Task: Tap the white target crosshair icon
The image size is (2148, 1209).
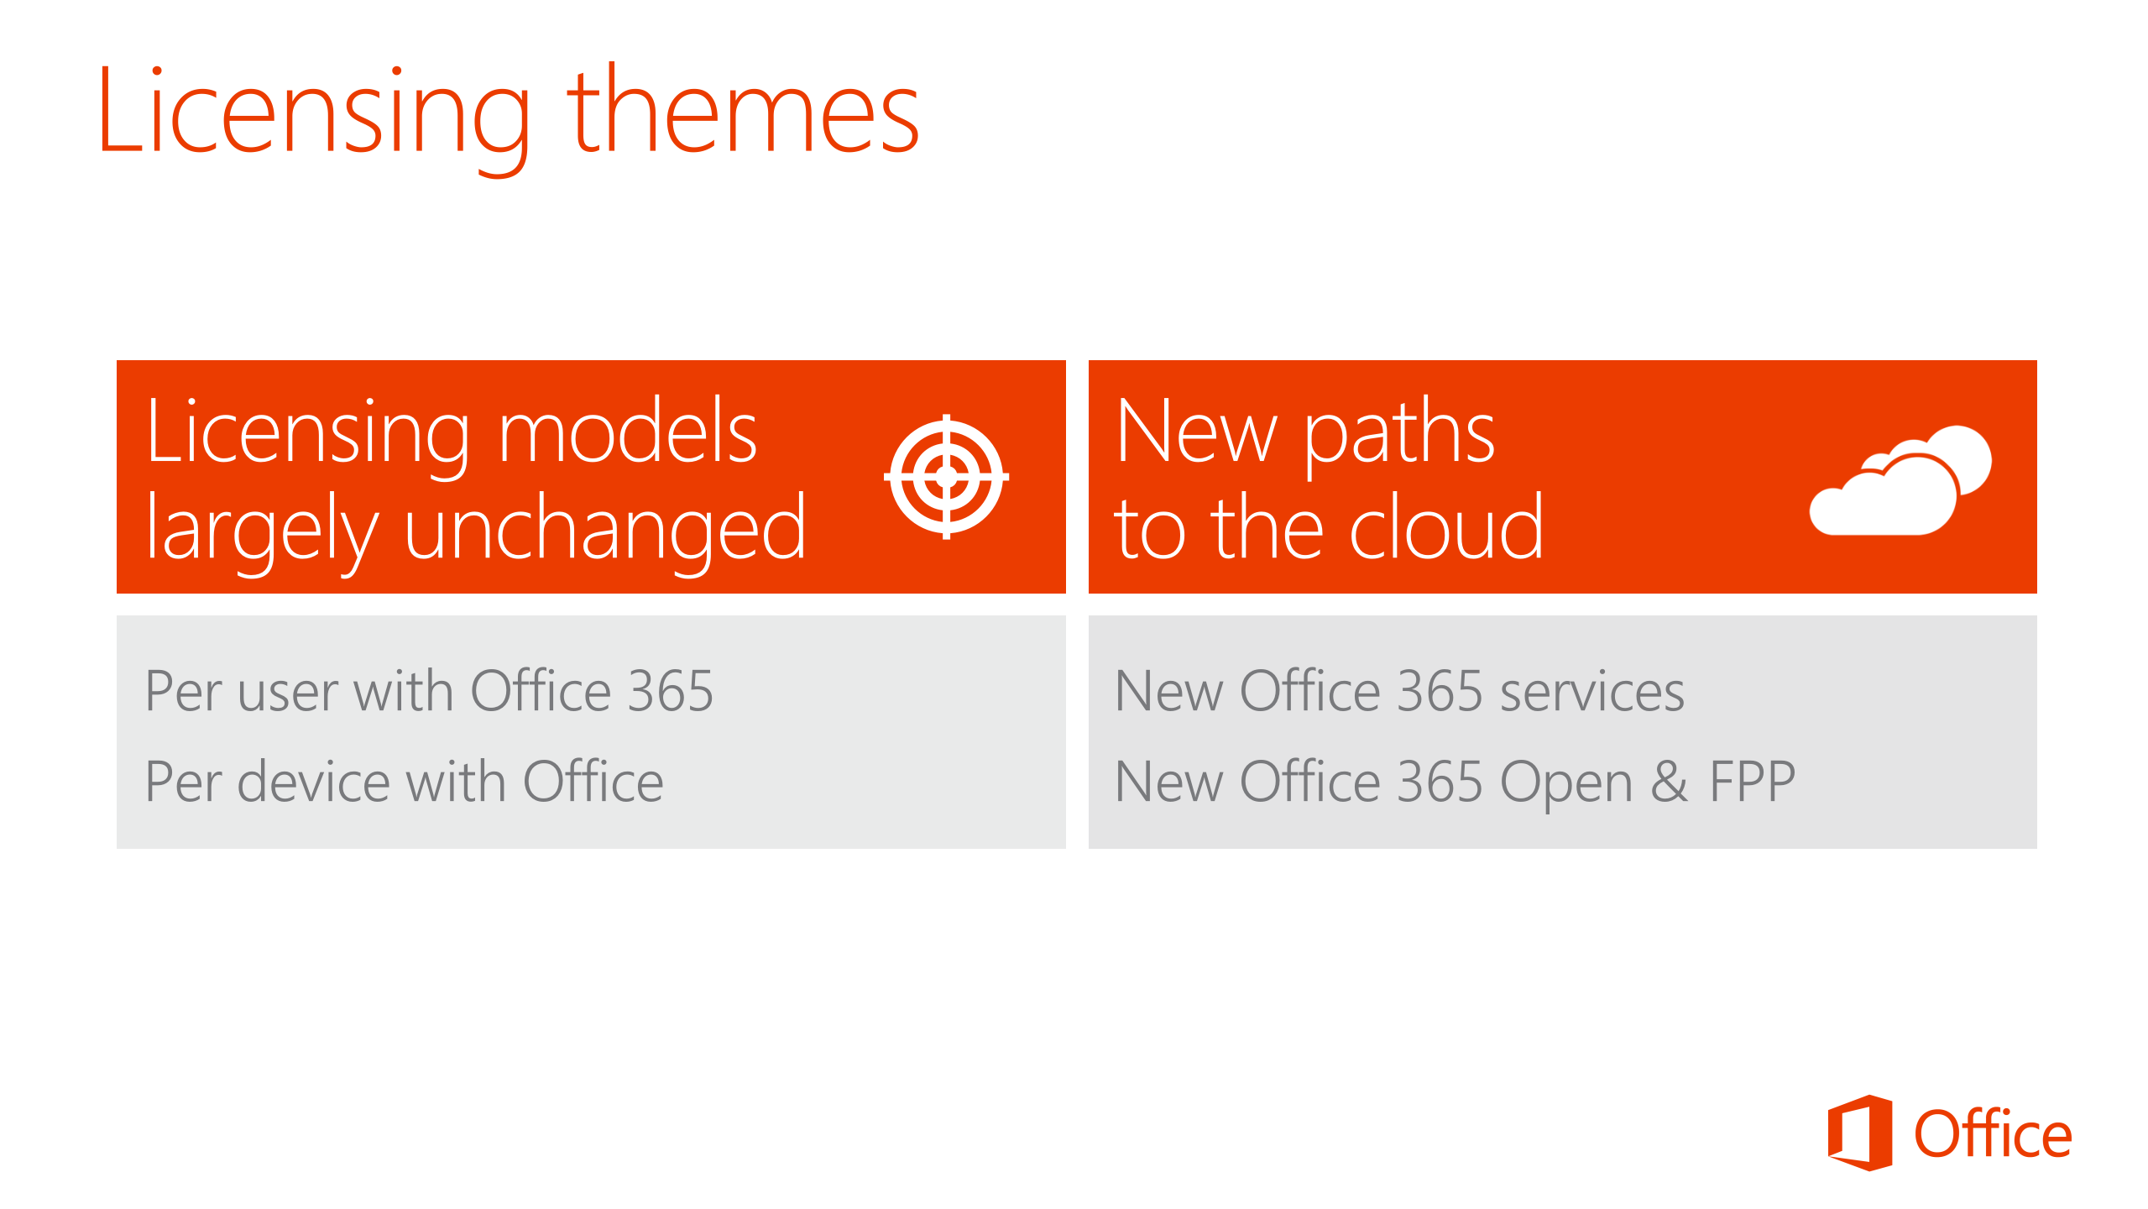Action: pos(946,476)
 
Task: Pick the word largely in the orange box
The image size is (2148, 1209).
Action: pos(263,531)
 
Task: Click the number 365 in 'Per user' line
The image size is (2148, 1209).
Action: pos(671,691)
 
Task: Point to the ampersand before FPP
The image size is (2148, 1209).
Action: pos(1669,781)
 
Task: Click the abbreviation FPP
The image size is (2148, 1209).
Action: pos(1752,781)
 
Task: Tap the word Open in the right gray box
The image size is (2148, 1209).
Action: pos(1566,784)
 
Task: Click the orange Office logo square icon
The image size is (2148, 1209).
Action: pos(1859,1133)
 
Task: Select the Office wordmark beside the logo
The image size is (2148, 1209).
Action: pos(1993,1133)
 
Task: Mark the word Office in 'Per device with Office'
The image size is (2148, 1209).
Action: pos(593,781)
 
